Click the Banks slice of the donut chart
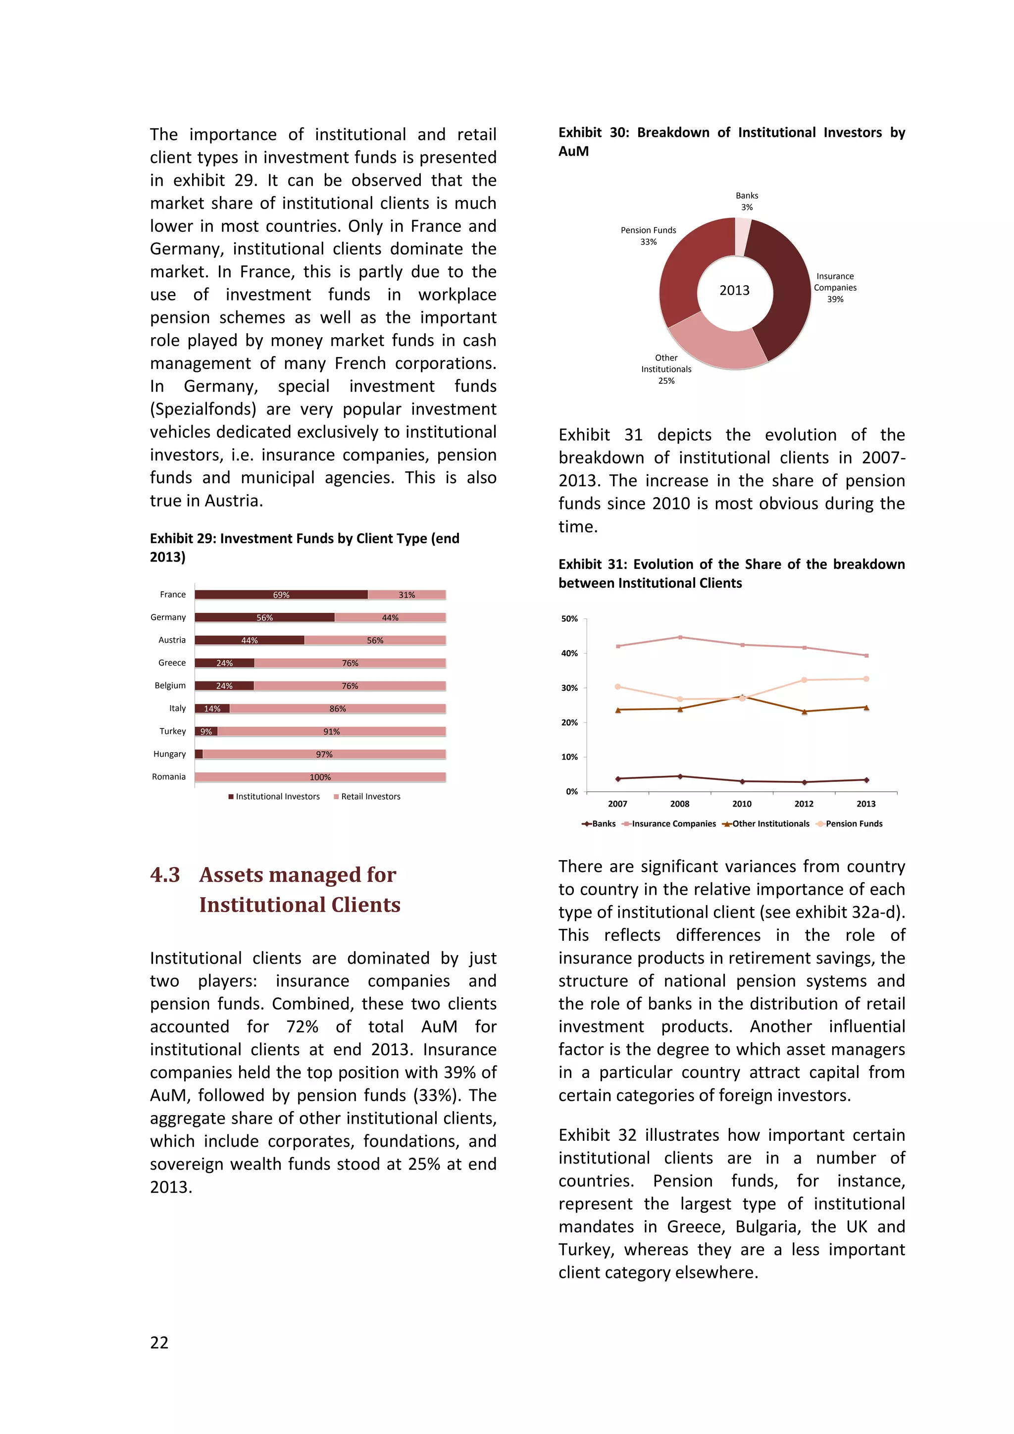click(x=742, y=236)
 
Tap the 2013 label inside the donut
click(x=734, y=291)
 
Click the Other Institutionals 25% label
click(x=666, y=369)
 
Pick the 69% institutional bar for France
click(x=281, y=595)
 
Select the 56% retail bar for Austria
click(x=375, y=640)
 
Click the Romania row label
click(x=168, y=777)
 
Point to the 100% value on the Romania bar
click(x=320, y=777)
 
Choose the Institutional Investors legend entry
click(x=274, y=796)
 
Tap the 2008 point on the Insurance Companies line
click(x=680, y=637)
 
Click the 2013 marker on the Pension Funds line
click(x=866, y=679)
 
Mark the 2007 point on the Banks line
click(x=618, y=779)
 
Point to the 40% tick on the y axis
click(x=569, y=653)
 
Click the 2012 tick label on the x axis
click(x=804, y=804)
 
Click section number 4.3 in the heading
click(x=165, y=874)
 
